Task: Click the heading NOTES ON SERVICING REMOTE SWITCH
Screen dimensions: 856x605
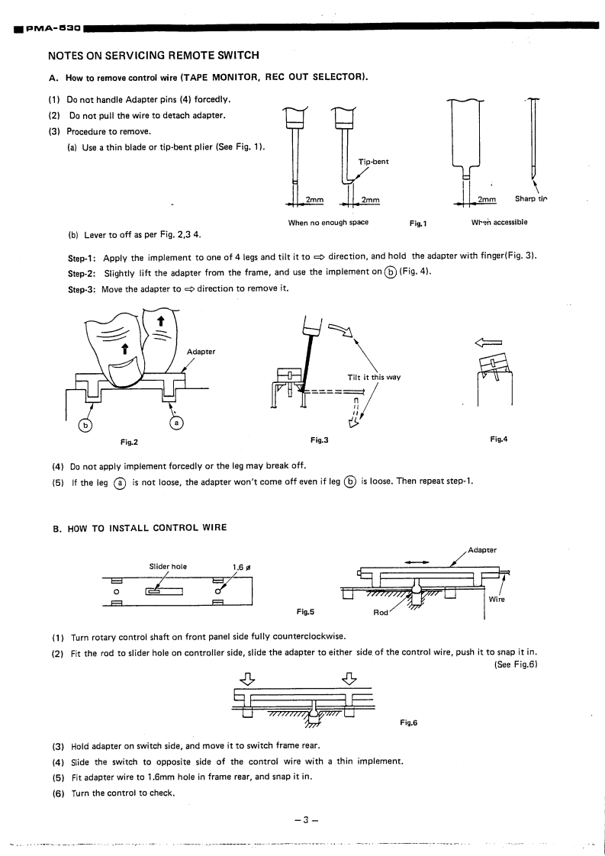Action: (x=153, y=56)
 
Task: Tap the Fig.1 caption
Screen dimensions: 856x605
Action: (x=417, y=223)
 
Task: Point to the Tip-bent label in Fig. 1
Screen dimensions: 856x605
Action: (x=373, y=162)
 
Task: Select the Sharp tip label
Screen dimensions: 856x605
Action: (x=532, y=200)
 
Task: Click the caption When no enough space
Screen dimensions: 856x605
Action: (x=328, y=223)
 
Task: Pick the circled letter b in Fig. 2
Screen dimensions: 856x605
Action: (x=86, y=425)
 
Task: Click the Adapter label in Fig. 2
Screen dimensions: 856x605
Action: (x=201, y=352)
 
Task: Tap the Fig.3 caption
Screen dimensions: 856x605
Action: (x=319, y=440)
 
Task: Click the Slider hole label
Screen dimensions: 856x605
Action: (x=169, y=566)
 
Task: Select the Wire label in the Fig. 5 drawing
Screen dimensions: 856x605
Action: (x=497, y=600)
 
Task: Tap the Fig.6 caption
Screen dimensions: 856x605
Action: (x=409, y=722)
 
